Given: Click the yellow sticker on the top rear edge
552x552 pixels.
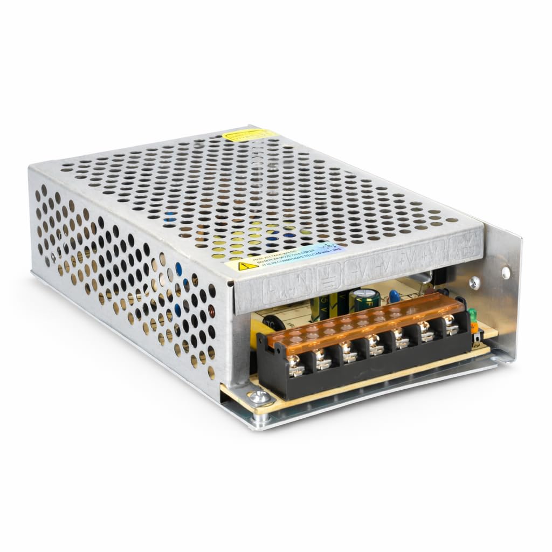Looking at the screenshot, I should (245, 134).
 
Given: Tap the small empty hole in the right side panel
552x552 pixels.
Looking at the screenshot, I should (506, 273).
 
